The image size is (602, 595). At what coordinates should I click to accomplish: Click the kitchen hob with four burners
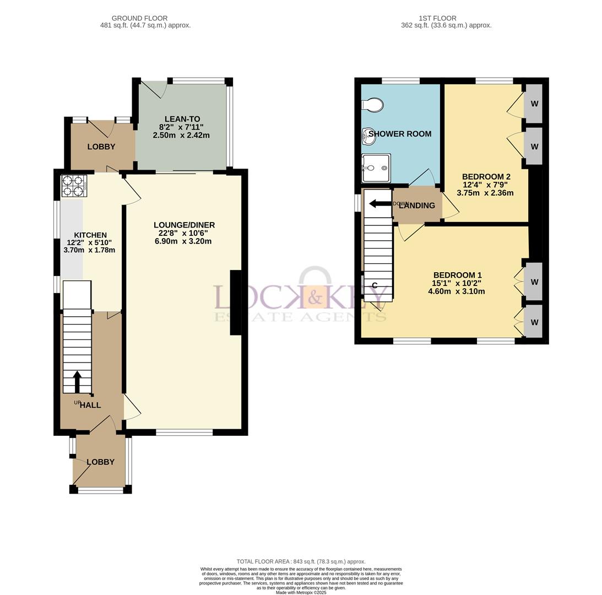click(74, 186)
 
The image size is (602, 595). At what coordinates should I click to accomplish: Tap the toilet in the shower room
click(373, 105)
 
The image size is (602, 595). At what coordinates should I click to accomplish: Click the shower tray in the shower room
click(376, 168)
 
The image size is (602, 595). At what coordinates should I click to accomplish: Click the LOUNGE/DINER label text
click(185, 225)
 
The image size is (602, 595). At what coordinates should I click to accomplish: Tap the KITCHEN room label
click(90, 235)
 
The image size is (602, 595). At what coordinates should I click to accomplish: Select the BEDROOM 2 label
click(486, 177)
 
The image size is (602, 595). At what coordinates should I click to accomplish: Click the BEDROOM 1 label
click(457, 275)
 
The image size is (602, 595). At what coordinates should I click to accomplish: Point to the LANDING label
click(417, 205)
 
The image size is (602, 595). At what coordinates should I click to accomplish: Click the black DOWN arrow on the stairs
click(380, 204)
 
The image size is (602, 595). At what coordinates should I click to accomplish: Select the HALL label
click(90, 405)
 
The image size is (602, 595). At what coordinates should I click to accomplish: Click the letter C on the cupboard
click(375, 285)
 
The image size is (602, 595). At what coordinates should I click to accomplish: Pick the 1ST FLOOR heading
click(438, 18)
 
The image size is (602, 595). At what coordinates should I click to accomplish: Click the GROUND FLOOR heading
click(140, 18)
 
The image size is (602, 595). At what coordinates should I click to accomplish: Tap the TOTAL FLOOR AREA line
click(301, 561)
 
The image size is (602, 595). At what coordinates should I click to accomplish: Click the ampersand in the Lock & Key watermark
click(315, 297)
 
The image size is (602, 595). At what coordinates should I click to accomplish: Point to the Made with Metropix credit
click(301, 592)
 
